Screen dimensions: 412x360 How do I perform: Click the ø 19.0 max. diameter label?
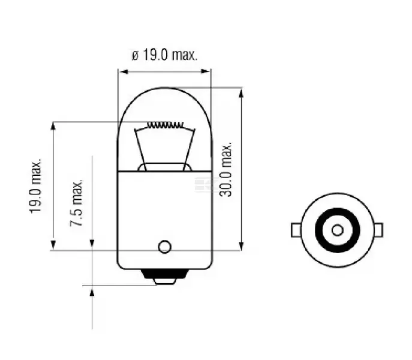pos(164,55)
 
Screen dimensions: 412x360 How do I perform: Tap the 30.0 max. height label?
pos(226,169)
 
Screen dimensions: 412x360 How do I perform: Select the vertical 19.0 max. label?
pos(35,185)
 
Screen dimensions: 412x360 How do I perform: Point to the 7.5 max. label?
pos(76,203)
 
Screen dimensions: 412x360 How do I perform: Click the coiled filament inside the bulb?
pos(165,125)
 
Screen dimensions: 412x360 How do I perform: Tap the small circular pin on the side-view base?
pos(165,247)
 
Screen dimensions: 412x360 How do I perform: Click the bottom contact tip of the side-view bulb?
pos(165,281)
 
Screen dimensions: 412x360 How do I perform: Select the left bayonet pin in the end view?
pos(296,230)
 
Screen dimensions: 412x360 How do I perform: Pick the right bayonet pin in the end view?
pos(378,230)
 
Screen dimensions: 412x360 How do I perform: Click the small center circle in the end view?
pos(338,230)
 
